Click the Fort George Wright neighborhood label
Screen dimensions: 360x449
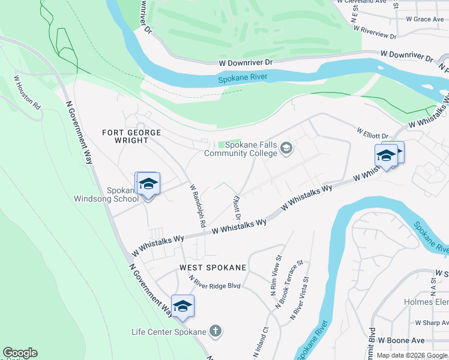point(125,136)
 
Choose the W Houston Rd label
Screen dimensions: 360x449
point(28,92)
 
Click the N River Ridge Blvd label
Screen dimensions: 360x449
point(214,283)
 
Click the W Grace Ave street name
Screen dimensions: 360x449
point(424,19)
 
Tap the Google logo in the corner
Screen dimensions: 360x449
point(20,353)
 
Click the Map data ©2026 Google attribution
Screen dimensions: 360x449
point(412,355)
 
